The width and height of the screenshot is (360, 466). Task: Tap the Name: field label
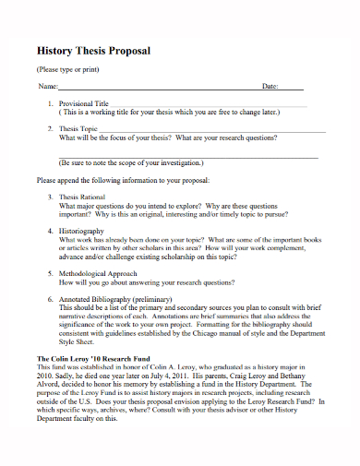coord(47,86)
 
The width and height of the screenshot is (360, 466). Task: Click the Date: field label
coord(270,86)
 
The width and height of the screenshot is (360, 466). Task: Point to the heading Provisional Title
coord(83,103)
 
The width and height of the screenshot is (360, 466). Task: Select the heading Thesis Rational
coord(84,197)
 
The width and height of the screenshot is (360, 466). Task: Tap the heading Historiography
coord(81,230)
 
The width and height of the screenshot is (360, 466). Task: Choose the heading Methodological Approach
coord(98,274)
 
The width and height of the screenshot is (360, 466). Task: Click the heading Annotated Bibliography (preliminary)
coord(115,301)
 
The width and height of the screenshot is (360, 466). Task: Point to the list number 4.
coord(50,230)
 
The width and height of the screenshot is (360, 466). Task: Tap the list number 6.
coord(50,301)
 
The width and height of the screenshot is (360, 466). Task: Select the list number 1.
coord(50,103)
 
